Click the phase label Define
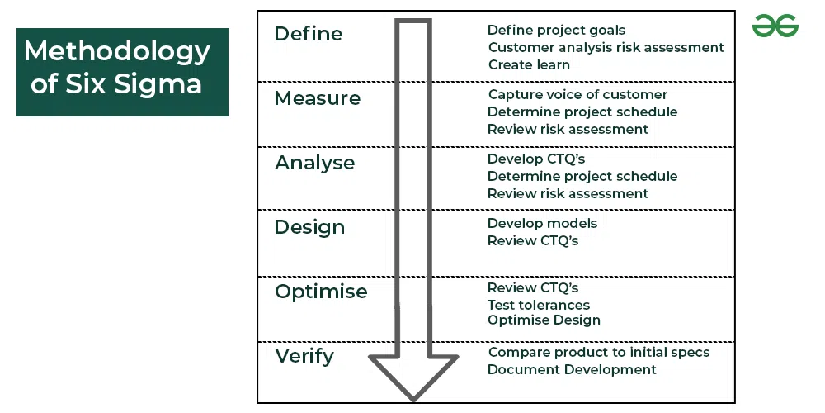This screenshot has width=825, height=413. [309, 34]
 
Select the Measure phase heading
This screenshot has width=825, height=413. [318, 98]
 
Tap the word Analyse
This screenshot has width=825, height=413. [314, 164]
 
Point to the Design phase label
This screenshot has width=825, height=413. [309, 228]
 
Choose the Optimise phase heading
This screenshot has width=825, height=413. [321, 292]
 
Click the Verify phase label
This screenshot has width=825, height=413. [304, 357]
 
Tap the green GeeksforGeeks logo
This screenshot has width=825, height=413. [775, 26]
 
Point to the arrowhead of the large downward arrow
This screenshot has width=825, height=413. [413, 377]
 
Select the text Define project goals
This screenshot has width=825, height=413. [556, 31]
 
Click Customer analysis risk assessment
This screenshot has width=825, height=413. [606, 47]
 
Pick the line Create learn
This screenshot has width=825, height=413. [529, 64]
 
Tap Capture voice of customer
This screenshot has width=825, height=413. [577, 95]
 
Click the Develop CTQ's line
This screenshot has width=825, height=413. [536, 159]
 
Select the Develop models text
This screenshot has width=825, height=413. [543, 223]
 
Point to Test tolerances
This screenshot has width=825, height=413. [538, 305]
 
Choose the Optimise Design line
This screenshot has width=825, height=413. [544, 320]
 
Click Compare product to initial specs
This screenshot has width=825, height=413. [599, 353]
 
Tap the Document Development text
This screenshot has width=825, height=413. [572, 370]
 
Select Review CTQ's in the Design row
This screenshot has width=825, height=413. [532, 240]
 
